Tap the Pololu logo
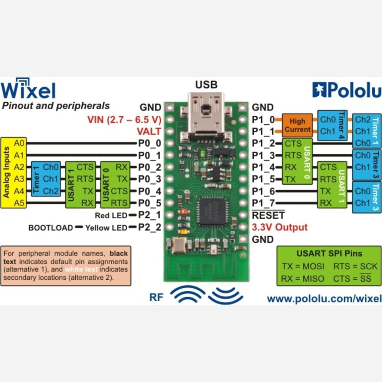pyautogui.click(x=347, y=90)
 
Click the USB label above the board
pyautogui.click(x=206, y=85)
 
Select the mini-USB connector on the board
pyautogui.click(x=206, y=115)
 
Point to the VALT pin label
pyautogui.click(x=149, y=131)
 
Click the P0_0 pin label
pyautogui.click(x=149, y=143)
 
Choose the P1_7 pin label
pyautogui.click(x=263, y=203)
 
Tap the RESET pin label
pyautogui.click(x=268, y=215)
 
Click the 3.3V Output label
pyautogui.click(x=280, y=227)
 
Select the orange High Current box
pyautogui.click(x=297, y=125)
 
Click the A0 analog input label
pyautogui.click(x=19, y=143)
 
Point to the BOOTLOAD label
pyautogui.click(x=51, y=228)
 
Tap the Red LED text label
pyautogui.click(x=111, y=215)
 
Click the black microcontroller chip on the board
pyautogui.click(x=212, y=211)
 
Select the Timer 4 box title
pyautogui.click(x=342, y=125)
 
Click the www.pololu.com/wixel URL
pyautogui.click(x=324, y=298)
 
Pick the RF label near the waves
pyautogui.click(x=156, y=297)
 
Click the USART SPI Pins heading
pyautogui.click(x=329, y=253)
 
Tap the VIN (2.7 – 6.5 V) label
pyautogui.click(x=124, y=119)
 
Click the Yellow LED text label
pyautogui.click(x=106, y=228)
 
